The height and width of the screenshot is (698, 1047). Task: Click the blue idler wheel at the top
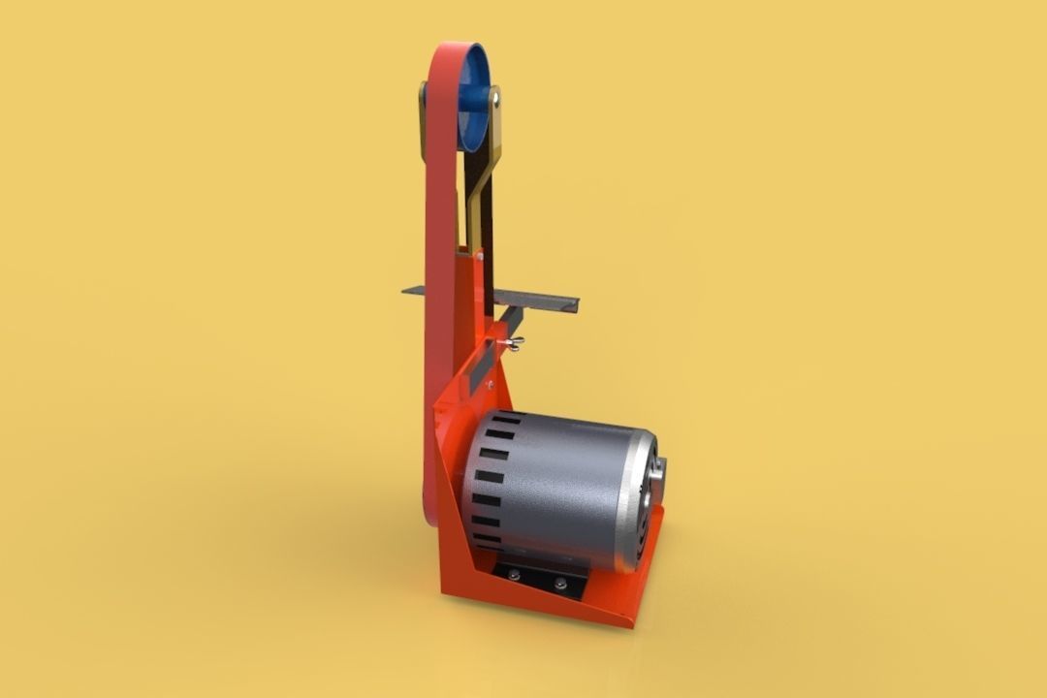point(474,97)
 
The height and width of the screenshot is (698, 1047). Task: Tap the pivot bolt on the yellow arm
point(494,98)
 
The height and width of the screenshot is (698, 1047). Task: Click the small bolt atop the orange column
point(478,255)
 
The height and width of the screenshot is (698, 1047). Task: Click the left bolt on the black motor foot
point(514,574)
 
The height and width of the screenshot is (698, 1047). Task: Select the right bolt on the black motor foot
point(559,584)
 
